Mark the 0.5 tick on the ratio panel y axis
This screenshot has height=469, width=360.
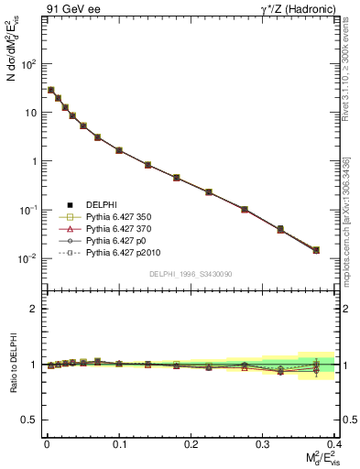pos(30,420)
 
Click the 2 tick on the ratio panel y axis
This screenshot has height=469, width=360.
pos(36,309)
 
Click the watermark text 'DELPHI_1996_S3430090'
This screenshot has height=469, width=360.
pos(191,274)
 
